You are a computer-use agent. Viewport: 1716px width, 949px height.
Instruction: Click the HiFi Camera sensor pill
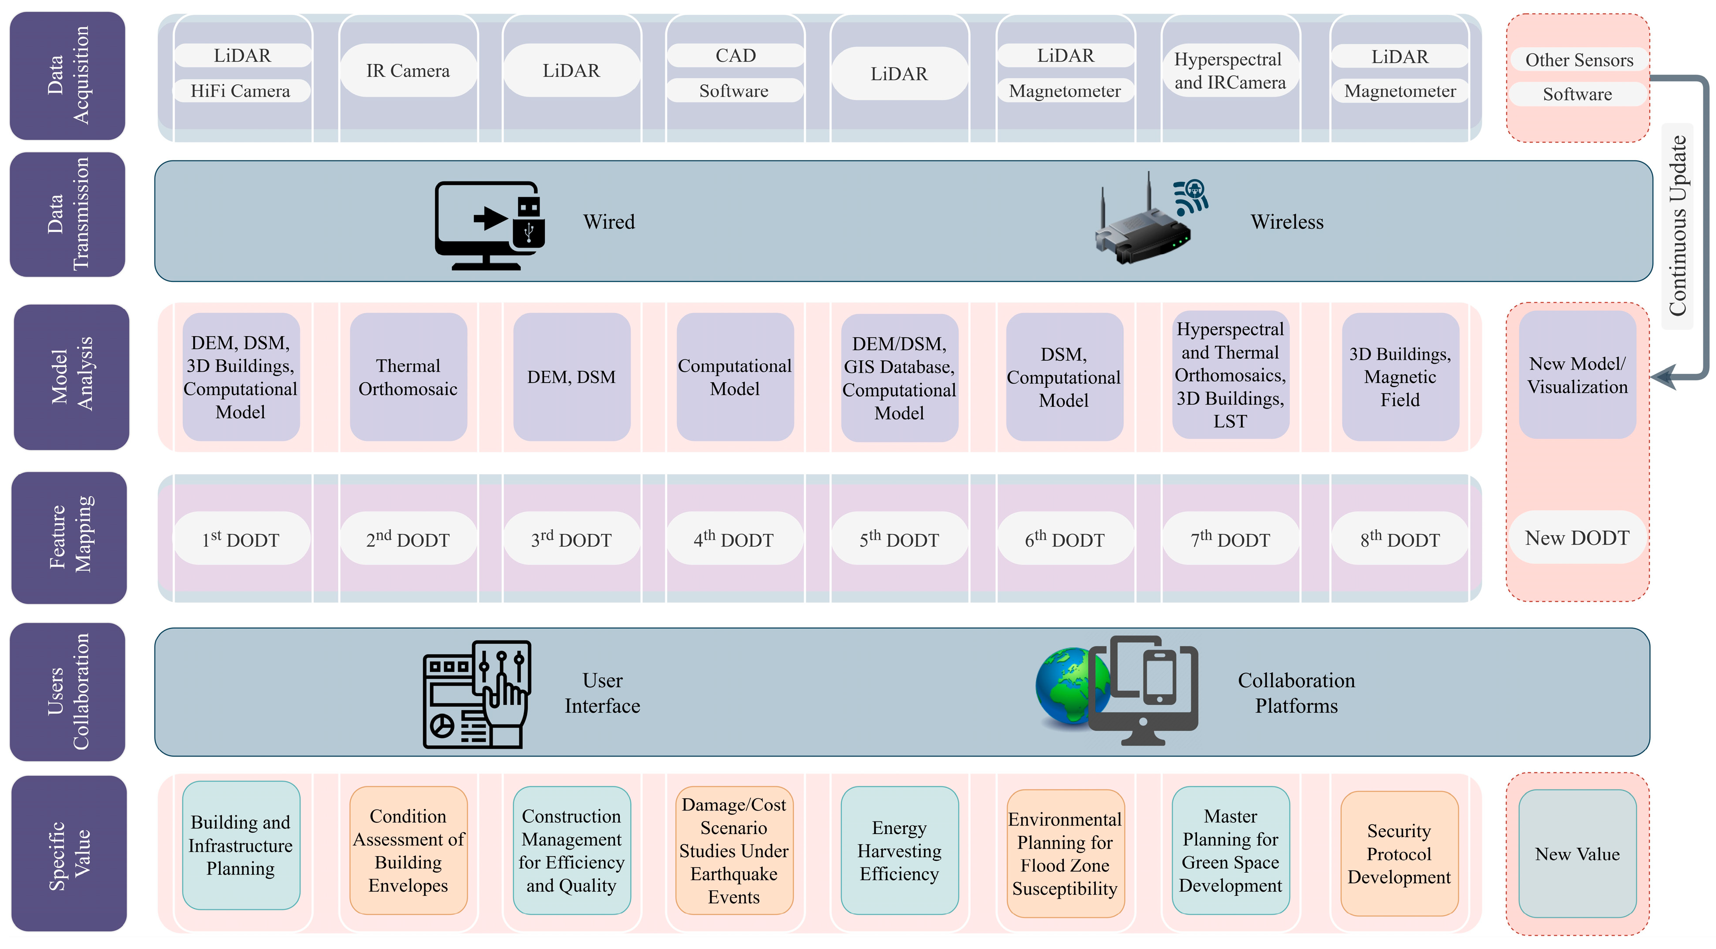tap(241, 91)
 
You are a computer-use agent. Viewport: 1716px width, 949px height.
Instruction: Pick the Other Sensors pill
tap(1579, 60)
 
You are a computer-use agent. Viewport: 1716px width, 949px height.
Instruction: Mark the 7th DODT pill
tap(1230, 539)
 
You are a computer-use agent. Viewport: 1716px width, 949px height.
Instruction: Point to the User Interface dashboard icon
tap(477, 694)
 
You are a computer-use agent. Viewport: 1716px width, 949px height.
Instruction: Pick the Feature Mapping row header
tap(69, 537)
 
